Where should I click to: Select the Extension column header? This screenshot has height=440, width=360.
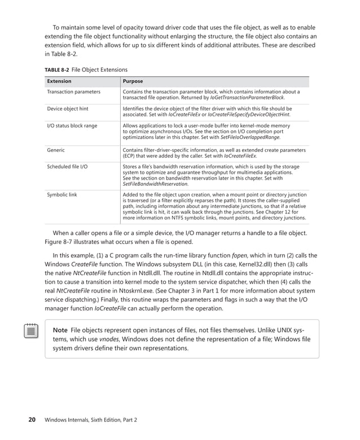(59, 81)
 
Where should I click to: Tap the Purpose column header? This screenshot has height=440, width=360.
(133, 81)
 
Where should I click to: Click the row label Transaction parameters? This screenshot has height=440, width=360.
(73, 92)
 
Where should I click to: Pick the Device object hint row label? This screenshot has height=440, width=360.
(68, 108)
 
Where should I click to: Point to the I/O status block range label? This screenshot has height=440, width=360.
(72, 125)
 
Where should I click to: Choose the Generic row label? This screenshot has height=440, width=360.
(56, 150)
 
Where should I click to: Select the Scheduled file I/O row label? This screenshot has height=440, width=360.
(67, 167)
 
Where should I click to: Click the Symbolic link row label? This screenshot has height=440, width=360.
(62, 194)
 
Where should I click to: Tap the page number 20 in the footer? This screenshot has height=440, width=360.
(33, 420)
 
